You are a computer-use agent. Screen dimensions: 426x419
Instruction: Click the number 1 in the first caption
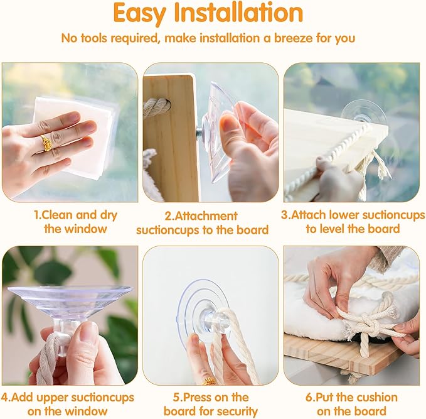(x=36, y=215)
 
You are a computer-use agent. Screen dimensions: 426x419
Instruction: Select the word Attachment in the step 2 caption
(x=206, y=216)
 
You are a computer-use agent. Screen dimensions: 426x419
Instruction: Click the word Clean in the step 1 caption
(x=57, y=215)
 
